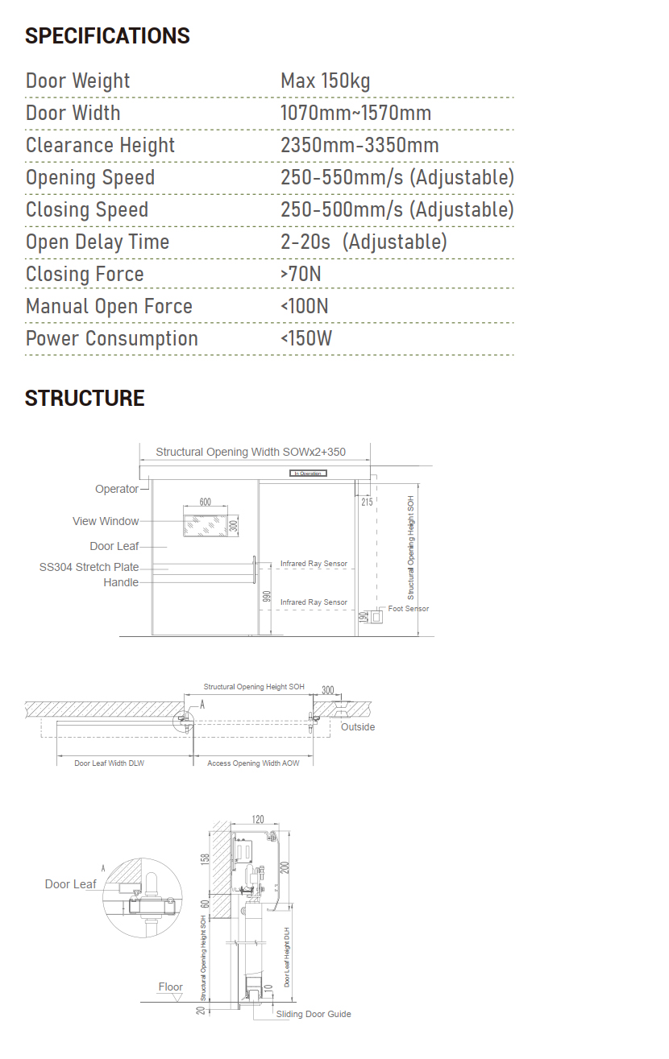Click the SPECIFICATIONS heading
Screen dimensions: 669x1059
click(107, 36)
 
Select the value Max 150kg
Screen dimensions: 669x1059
click(325, 81)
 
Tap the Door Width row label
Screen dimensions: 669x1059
click(73, 113)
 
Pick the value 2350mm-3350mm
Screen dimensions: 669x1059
click(359, 145)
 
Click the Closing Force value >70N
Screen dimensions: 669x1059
click(301, 274)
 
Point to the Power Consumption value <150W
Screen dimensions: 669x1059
click(305, 338)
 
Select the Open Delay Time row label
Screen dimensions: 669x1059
click(98, 242)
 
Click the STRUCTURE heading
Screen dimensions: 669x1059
click(85, 398)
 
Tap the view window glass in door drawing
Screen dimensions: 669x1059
click(205, 526)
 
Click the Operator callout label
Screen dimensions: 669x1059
click(117, 489)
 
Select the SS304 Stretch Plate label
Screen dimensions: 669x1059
click(89, 567)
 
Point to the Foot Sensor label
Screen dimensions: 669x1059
click(409, 609)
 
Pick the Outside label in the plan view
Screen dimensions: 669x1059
click(358, 726)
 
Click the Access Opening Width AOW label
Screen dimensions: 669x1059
click(253, 763)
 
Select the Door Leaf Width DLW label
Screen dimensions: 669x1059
click(109, 763)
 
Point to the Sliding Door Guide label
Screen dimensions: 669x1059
click(314, 1014)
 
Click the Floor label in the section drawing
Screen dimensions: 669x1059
click(170, 987)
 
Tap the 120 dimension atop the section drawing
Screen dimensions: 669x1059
click(258, 819)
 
